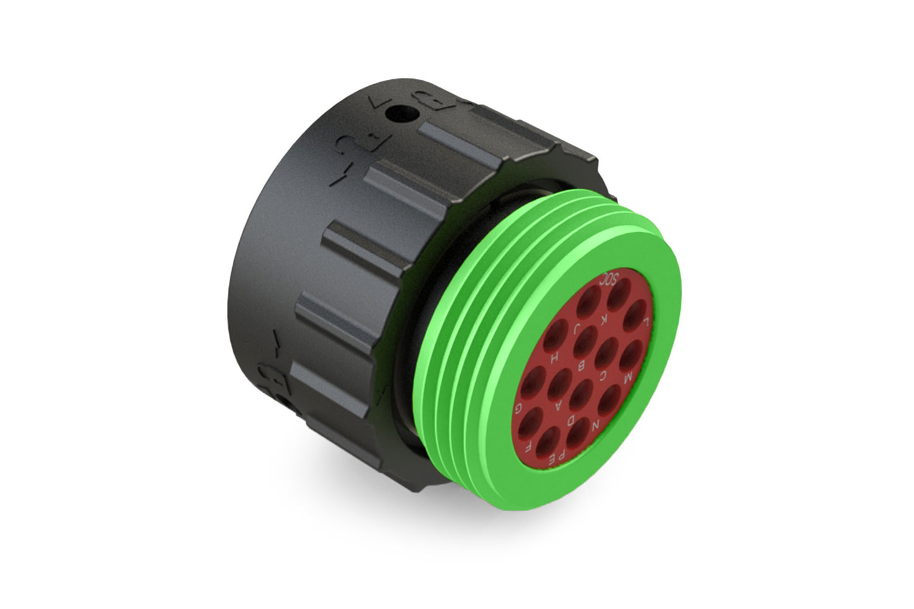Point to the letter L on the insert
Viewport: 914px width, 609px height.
click(x=646, y=323)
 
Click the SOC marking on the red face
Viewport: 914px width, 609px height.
click(x=610, y=280)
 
